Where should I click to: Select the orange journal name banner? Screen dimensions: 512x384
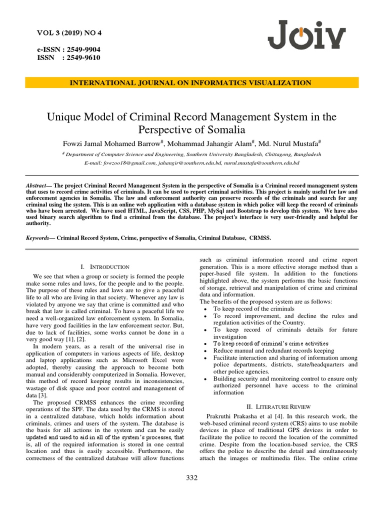coord(191,83)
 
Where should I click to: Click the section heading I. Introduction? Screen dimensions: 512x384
coord(105,267)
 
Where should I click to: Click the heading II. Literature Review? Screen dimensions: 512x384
coord(278,407)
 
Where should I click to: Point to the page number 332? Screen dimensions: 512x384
coord(192,478)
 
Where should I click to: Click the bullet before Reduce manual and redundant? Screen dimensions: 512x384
coord(206,351)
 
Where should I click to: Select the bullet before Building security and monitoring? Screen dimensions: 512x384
coord(206,379)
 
